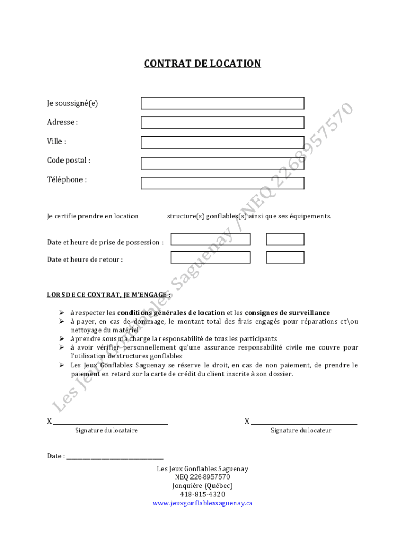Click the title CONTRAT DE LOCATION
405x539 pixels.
[x=202, y=64]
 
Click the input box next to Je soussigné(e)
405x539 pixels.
[x=222, y=103]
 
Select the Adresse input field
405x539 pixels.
[x=222, y=123]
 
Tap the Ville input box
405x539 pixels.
[x=222, y=142]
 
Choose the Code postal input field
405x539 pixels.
[x=222, y=164]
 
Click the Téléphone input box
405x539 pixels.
[x=222, y=183]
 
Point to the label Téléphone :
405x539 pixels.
[x=67, y=180]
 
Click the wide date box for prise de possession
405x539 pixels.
[x=210, y=239]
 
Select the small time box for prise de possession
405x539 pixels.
[x=285, y=239]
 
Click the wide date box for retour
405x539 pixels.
[x=210, y=257]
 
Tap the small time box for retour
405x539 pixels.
[x=285, y=257]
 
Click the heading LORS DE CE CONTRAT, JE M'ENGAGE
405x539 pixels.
[x=109, y=295]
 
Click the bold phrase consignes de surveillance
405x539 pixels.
[x=287, y=313]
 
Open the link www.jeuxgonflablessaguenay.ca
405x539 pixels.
[x=202, y=503]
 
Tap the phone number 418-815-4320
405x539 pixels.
[x=202, y=494]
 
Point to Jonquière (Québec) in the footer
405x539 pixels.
[x=202, y=486]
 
